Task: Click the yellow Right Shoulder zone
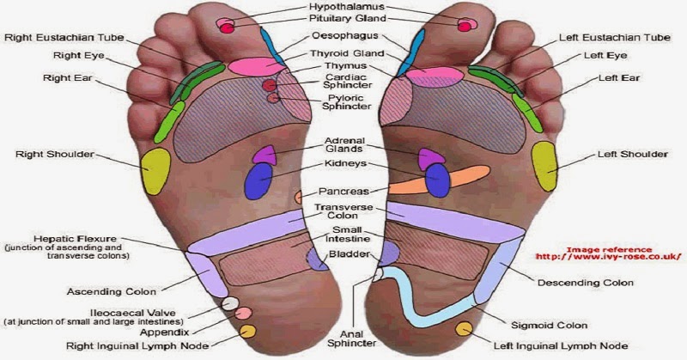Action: click(156, 170)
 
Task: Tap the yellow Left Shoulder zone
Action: click(544, 165)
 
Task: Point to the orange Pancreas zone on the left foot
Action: click(429, 181)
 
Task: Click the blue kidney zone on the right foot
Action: click(258, 180)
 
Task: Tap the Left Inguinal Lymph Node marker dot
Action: click(465, 329)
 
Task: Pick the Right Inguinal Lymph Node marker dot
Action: click(247, 331)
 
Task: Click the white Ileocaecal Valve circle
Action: click(229, 303)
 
